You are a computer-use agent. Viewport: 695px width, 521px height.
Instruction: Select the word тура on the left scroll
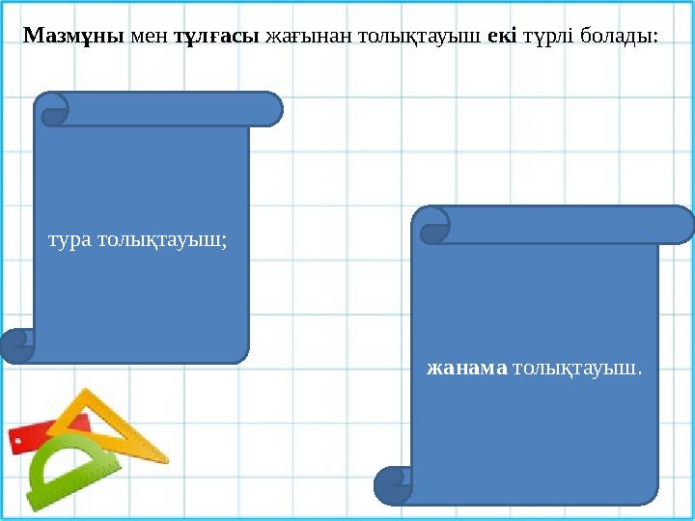pyautogui.click(x=69, y=238)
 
